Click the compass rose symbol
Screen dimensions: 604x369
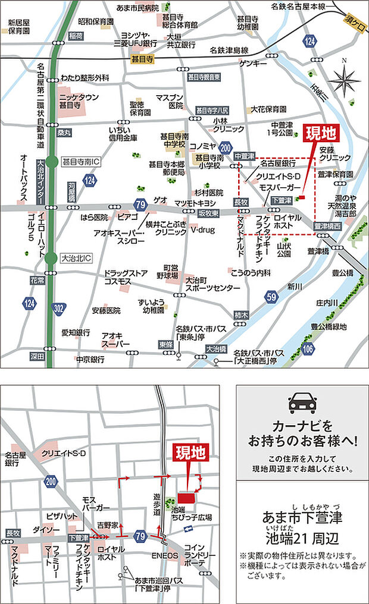coord(344,80)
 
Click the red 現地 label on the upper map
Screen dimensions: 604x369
coord(320,134)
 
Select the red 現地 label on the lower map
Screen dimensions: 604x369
coord(190,454)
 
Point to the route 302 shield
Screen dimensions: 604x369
coord(58,309)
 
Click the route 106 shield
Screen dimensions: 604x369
coord(307,349)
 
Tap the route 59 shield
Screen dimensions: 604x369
coord(271,296)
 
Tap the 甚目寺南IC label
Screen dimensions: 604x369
coord(82,161)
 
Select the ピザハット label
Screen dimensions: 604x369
coord(58,515)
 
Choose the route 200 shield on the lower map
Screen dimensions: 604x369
coord(52,482)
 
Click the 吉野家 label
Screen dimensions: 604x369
coord(108,525)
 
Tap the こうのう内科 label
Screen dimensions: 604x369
coord(252,271)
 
